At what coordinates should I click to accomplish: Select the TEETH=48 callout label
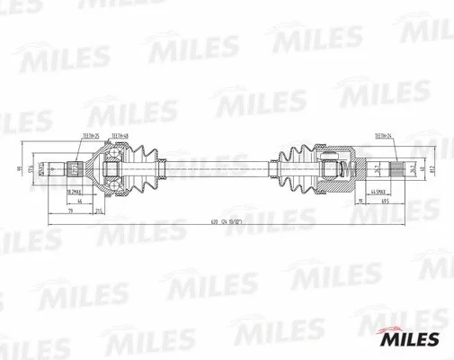point(120,137)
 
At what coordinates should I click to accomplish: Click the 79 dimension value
point(69,211)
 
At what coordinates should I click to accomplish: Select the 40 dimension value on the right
point(419,168)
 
